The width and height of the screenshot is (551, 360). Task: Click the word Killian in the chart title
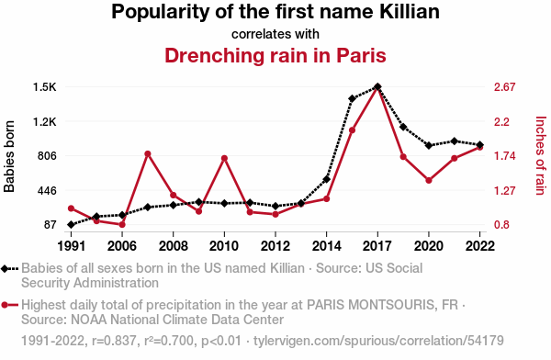click(410, 11)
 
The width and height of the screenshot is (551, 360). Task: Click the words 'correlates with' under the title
click(275, 34)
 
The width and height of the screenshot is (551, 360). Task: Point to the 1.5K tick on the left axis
click(45, 87)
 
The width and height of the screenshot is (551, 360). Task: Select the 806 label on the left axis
click(47, 156)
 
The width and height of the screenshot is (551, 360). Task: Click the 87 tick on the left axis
click(51, 225)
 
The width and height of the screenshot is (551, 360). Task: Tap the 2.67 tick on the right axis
click(504, 87)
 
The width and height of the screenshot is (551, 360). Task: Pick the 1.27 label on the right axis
click(504, 190)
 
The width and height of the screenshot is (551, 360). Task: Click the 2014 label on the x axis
click(326, 246)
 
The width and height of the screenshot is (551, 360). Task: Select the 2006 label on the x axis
click(122, 246)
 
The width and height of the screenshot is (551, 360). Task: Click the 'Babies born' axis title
click(9, 156)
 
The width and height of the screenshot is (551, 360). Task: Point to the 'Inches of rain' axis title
click(541, 155)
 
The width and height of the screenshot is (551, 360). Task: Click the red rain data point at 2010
click(224, 159)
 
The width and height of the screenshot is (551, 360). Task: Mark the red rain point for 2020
click(429, 180)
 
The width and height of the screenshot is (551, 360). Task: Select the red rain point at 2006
click(122, 225)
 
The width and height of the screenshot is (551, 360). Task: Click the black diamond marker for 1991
click(71, 225)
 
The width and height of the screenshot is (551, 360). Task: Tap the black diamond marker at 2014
click(326, 179)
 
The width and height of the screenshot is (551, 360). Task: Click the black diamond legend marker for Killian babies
click(5, 269)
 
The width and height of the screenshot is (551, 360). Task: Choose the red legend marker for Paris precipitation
click(5, 305)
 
